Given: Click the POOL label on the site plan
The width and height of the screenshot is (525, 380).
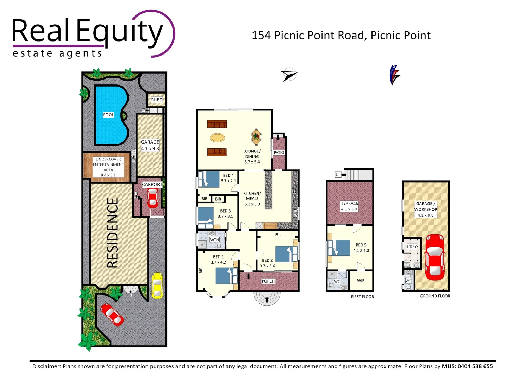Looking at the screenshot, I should [x=108, y=115].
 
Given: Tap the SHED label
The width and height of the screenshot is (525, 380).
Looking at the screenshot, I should [x=157, y=100].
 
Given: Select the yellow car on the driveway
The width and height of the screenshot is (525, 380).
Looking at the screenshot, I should [x=157, y=285].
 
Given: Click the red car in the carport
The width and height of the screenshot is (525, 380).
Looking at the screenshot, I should [x=152, y=198].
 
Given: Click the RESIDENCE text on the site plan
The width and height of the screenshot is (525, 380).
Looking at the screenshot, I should [x=113, y=233].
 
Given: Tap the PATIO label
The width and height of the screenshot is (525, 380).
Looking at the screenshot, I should [x=279, y=153].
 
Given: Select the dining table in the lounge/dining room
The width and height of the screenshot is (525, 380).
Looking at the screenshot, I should [x=256, y=137].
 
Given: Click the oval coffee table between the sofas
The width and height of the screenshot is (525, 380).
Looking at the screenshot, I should [x=217, y=138].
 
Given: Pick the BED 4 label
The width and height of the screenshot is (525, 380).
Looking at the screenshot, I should [x=228, y=175].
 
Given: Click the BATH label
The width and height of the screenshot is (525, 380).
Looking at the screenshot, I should [x=214, y=240].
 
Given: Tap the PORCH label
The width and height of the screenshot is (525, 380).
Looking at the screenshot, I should [x=268, y=281].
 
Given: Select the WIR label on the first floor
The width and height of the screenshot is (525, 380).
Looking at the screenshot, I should [x=361, y=281].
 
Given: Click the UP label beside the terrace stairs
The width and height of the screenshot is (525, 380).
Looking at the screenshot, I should [x=338, y=175].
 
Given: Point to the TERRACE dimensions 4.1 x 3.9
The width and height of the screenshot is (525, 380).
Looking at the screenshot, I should [x=349, y=209].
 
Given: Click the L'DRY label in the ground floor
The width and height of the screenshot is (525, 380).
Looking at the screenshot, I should [x=412, y=247].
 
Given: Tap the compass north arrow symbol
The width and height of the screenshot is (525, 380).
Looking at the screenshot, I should [x=289, y=74].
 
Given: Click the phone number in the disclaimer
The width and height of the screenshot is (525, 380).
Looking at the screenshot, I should [x=475, y=366].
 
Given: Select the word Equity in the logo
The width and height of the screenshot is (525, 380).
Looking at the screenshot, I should [x=120, y=31].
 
